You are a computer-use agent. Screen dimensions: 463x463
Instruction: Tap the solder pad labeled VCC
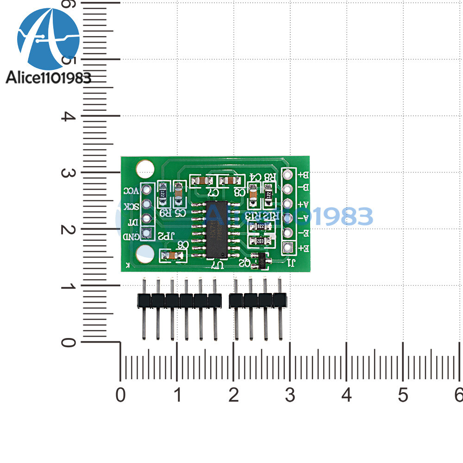tap(147, 189)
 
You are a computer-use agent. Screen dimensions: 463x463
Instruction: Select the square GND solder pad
tap(147, 233)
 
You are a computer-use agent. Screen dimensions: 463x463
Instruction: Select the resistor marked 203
tap(259, 241)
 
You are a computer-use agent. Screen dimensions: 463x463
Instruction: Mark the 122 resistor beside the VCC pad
tap(163, 194)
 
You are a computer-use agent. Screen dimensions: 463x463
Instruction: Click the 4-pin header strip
tap(258, 301)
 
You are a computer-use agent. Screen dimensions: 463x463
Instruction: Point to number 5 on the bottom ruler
tap(403, 395)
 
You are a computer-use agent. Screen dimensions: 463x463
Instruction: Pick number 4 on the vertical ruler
tap(69, 116)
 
